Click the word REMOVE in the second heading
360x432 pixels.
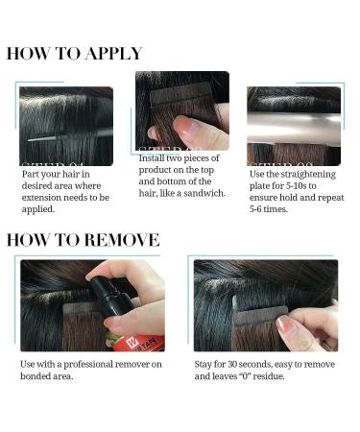coord(117,239)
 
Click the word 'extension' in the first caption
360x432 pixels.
coord(39,196)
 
